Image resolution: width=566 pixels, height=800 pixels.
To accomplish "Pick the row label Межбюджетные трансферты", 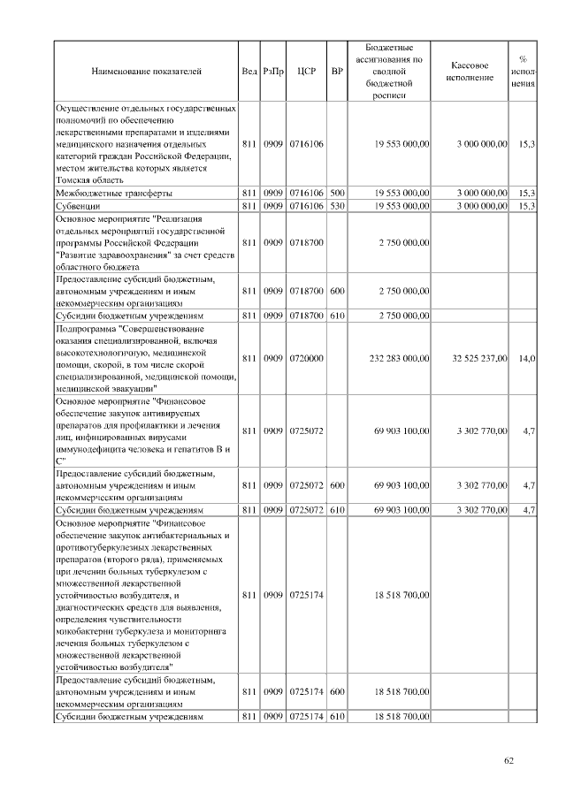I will click(114, 192).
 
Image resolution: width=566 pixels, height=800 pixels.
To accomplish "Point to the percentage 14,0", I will click(527, 358).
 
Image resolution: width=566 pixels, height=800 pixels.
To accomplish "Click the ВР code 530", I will click(336, 205).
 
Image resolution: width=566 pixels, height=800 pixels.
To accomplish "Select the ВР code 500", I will click(336, 192).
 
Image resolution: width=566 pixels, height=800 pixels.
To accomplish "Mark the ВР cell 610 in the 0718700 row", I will click(336, 315).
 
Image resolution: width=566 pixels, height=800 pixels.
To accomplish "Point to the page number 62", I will click(509, 760).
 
